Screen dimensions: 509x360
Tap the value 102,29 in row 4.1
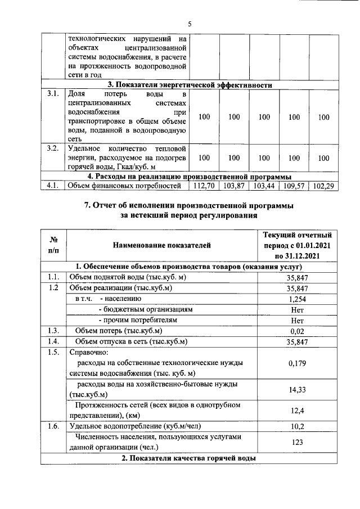[323, 185]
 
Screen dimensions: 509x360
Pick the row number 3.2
[53, 149]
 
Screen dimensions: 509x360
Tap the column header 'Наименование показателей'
[161, 245]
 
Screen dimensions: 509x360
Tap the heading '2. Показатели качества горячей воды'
[190, 459]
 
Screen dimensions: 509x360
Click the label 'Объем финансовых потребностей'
[124, 185]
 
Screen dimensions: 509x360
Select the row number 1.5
[53, 353]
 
